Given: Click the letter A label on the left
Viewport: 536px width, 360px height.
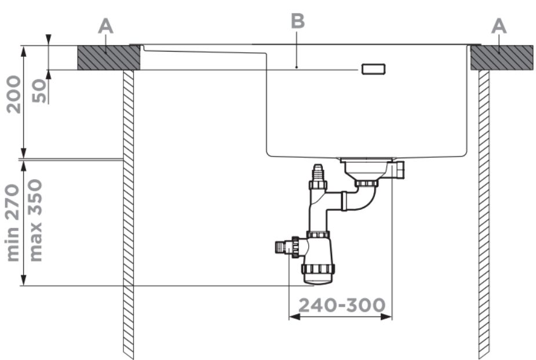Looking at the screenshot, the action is tap(105, 26).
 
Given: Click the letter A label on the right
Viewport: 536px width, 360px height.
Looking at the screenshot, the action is tap(499, 26).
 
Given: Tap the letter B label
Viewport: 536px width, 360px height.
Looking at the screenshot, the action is tap(298, 21).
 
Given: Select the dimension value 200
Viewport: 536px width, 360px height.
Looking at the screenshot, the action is tap(14, 94).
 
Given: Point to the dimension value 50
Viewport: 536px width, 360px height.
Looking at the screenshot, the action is tap(39, 90).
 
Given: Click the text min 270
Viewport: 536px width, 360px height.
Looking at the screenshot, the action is tap(13, 223).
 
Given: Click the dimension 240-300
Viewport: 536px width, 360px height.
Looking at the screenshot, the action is tap(342, 306).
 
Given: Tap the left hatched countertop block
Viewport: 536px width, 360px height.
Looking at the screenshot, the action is tap(109, 58).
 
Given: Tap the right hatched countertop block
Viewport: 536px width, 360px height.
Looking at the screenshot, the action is tap(502, 58).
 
